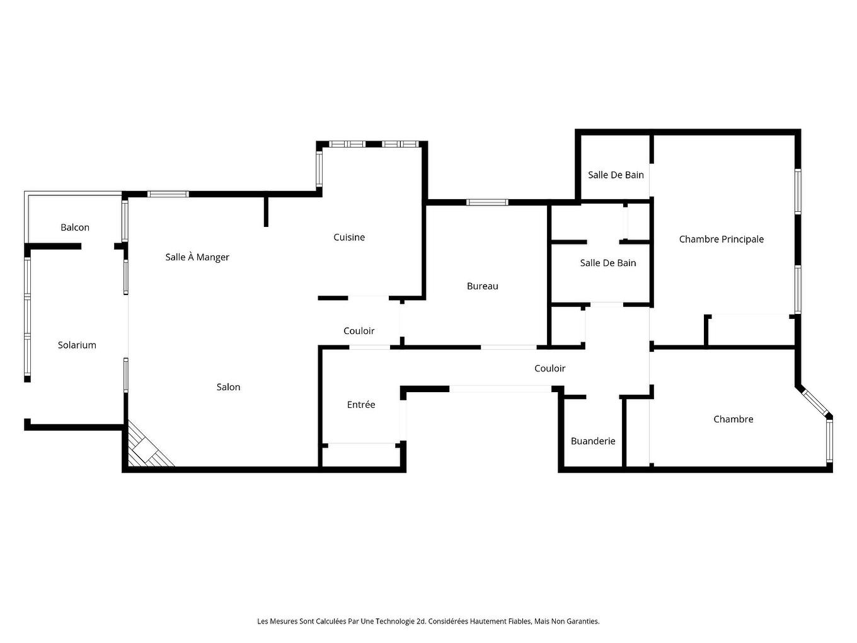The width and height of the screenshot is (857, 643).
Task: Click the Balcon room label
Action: click(75, 227)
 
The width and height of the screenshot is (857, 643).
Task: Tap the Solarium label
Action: click(77, 345)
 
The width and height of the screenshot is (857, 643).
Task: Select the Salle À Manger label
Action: click(197, 257)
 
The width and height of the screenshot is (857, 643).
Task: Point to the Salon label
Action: click(228, 387)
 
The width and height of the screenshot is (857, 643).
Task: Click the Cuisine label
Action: click(349, 237)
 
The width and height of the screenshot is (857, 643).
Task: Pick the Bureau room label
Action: click(483, 286)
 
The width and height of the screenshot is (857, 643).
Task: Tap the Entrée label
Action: click(361, 405)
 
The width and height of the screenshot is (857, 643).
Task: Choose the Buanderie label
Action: click(593, 441)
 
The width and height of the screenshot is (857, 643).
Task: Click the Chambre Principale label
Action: click(722, 240)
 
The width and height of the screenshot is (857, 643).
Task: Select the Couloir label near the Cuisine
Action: click(359, 331)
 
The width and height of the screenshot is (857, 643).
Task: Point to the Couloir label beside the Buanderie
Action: click(549, 369)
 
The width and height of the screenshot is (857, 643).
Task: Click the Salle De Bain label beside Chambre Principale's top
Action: click(616, 175)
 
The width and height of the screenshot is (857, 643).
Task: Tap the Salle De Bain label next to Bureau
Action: click(608, 263)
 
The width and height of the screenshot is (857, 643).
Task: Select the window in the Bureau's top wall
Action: click(487, 202)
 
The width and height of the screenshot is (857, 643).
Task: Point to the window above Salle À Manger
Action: click(168, 194)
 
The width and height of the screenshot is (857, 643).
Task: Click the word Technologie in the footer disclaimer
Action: click(394, 622)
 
